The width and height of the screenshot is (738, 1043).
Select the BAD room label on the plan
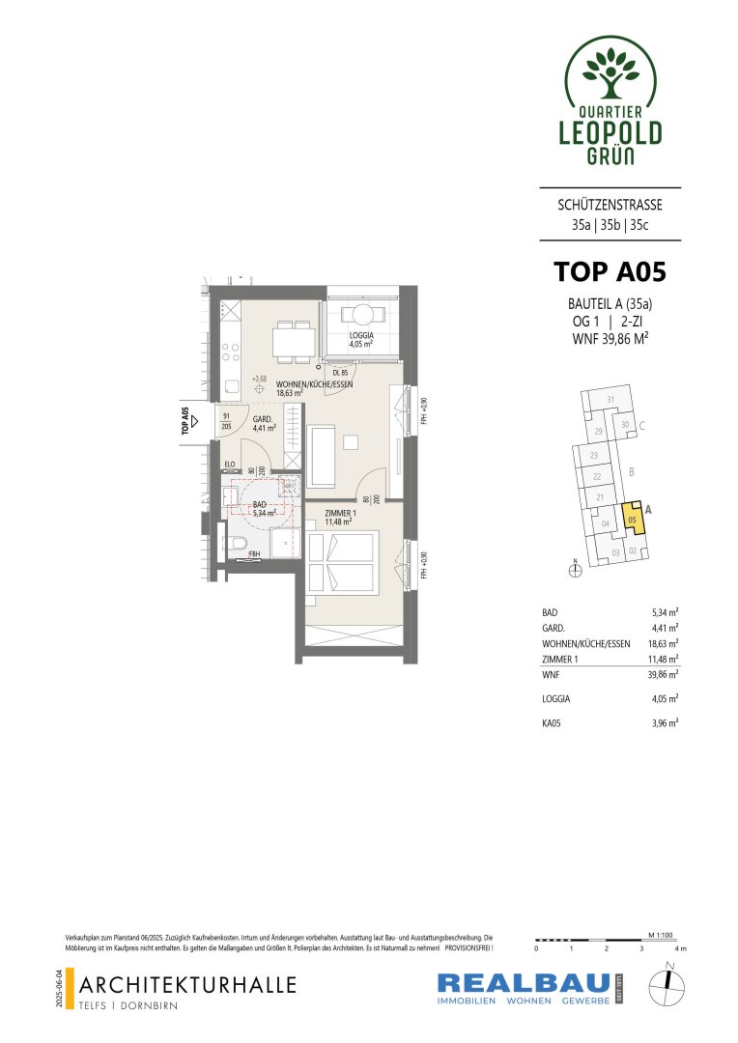coord(259,510)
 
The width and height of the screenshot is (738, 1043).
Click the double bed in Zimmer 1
coord(341,562)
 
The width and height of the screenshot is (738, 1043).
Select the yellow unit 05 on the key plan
coord(632,519)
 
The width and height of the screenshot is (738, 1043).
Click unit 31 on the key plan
coord(610,400)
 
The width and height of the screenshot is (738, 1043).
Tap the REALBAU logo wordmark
coord(522,983)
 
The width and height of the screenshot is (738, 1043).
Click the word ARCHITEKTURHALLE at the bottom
coord(189,985)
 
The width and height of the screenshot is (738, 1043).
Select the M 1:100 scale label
coord(661,935)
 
